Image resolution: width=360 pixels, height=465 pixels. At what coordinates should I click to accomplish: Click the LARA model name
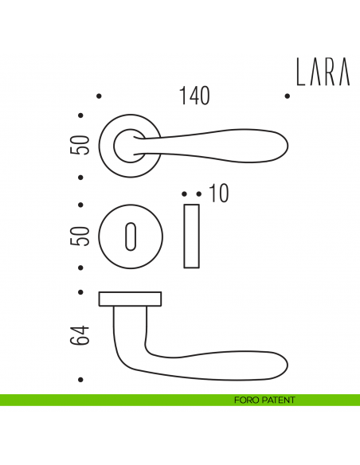(x=323, y=72)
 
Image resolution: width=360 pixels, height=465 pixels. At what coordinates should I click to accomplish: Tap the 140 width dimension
(x=194, y=96)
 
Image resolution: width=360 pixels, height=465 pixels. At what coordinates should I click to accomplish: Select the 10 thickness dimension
(x=218, y=193)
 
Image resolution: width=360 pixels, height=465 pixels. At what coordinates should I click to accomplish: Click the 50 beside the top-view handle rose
(x=80, y=144)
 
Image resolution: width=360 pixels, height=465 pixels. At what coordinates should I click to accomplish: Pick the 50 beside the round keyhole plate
(x=80, y=236)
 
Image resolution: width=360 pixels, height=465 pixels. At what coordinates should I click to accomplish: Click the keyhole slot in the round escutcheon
(x=131, y=237)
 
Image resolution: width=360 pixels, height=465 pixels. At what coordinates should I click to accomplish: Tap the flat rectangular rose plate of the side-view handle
(x=130, y=299)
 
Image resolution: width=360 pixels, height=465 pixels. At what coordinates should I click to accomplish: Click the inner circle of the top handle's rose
(x=125, y=144)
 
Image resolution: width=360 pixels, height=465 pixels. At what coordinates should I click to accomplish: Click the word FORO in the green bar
(x=237, y=400)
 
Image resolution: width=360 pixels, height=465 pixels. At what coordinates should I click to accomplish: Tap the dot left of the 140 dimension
(x=99, y=96)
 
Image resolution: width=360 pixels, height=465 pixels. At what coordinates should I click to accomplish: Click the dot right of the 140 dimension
(x=286, y=96)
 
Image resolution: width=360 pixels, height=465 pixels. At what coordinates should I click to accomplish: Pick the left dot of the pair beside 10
(x=185, y=193)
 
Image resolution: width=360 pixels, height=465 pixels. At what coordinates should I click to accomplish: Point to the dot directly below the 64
(x=80, y=379)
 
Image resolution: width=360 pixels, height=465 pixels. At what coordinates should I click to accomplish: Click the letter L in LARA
(x=301, y=72)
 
